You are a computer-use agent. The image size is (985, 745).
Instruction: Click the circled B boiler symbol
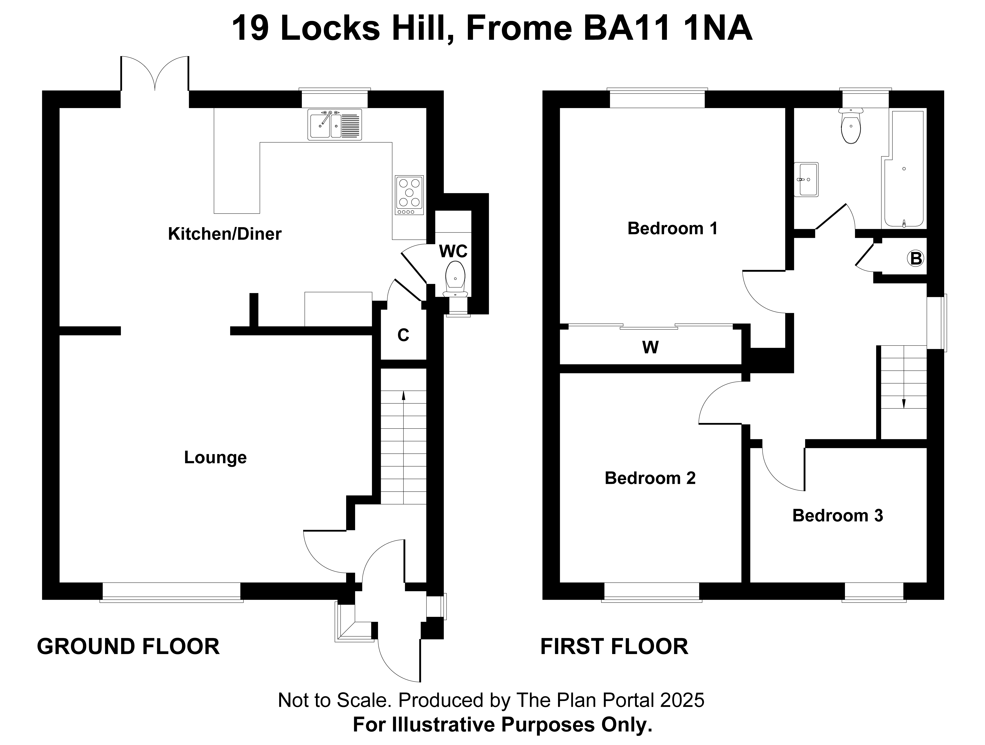[x=916, y=258]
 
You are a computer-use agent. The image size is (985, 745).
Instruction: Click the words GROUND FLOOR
[x=128, y=647]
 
